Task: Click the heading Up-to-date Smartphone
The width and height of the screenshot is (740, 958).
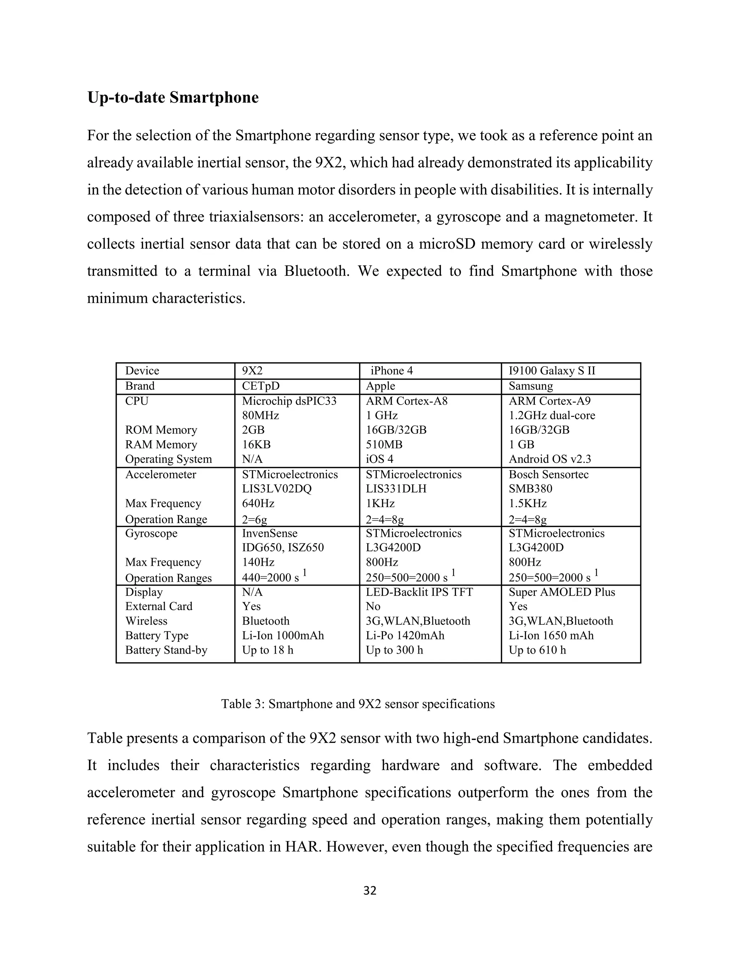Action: (x=173, y=97)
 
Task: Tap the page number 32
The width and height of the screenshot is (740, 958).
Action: (x=370, y=890)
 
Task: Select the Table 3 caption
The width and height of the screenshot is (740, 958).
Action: (x=358, y=704)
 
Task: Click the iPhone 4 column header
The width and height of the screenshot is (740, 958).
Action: (x=391, y=371)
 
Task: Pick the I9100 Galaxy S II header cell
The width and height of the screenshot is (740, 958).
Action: (x=552, y=371)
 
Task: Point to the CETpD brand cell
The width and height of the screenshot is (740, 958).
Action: (x=261, y=386)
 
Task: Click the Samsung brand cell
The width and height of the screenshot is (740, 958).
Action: (x=531, y=386)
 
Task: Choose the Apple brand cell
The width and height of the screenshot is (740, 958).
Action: (x=380, y=386)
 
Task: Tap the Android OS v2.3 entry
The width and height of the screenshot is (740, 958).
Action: (x=550, y=459)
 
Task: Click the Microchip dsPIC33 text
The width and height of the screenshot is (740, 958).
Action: (x=289, y=401)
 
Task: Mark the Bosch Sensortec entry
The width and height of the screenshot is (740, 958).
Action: (x=548, y=475)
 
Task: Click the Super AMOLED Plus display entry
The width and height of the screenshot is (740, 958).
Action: (x=562, y=592)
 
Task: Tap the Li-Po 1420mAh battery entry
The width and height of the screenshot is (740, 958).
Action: (x=405, y=636)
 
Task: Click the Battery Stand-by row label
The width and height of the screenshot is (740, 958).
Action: (x=166, y=650)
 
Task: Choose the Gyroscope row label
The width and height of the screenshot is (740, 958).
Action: (x=151, y=533)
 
